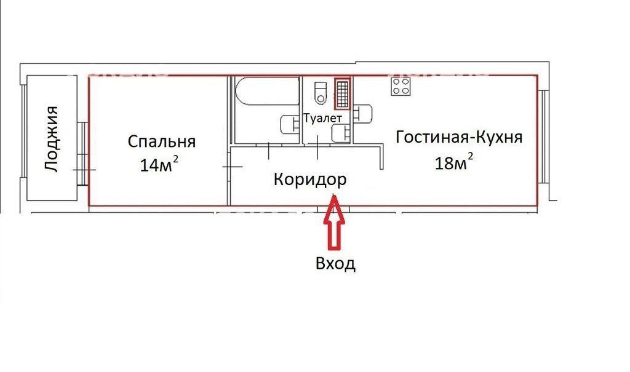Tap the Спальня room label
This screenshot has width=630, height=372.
[161, 142]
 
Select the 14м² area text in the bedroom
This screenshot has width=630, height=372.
[159, 165]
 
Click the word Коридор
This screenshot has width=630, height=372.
[310, 180]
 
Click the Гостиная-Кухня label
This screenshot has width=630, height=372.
[459, 137]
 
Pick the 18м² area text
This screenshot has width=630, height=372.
[454, 162]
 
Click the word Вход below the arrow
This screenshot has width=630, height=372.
[335, 264]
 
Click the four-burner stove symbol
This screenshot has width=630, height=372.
[401, 87]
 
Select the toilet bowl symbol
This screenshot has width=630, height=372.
[320, 93]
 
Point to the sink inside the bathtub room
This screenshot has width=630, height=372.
[289, 125]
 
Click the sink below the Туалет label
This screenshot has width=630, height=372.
[340, 132]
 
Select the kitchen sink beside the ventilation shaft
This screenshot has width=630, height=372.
[363, 114]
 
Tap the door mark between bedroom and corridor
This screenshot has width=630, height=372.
[232, 166]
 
